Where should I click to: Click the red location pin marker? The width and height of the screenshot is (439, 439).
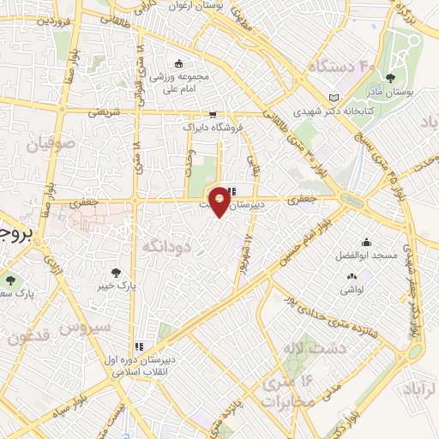pos(219,201)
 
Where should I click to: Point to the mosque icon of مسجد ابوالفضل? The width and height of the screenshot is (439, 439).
pos(366,243)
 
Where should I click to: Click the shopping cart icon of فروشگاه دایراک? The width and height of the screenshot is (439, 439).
pos(212,114)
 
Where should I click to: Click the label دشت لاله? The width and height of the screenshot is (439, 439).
pos(302,349)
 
